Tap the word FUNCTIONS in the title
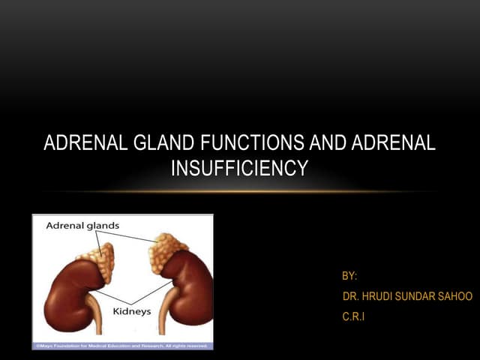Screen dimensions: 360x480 point(241,143)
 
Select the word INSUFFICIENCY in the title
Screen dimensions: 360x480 point(239,169)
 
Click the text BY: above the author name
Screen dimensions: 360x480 point(349,277)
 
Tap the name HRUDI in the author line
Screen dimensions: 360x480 point(378,297)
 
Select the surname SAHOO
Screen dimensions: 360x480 point(454,297)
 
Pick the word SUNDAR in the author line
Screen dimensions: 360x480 point(416,297)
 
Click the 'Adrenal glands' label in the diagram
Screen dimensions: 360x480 point(82,225)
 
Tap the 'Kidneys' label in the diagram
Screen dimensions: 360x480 point(131,310)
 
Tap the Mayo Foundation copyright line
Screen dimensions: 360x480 point(122,346)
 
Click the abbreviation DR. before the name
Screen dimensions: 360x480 point(349,297)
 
